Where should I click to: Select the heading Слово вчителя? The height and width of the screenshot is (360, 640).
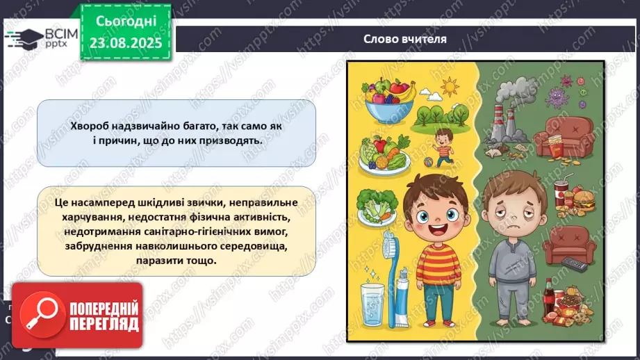tap(404, 39)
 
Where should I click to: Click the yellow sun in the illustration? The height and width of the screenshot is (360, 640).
tap(450, 87)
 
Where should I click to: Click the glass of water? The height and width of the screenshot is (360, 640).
tap(372, 304)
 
